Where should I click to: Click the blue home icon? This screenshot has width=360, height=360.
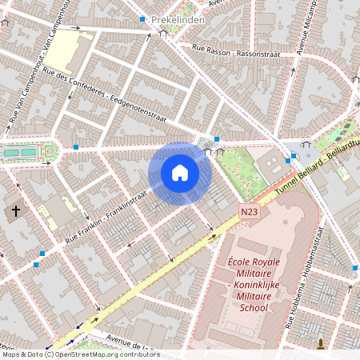pos(180,173)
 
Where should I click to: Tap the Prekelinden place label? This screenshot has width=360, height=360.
pos(184,19)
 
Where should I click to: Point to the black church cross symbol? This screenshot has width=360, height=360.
pos(16,212)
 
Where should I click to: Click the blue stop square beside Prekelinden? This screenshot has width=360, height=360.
pos(142,19)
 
